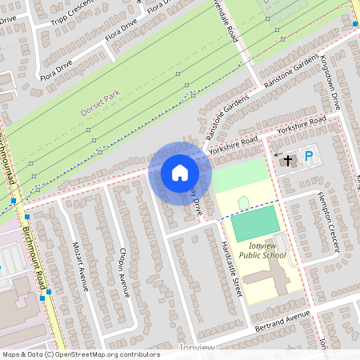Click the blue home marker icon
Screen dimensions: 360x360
tap(180, 172)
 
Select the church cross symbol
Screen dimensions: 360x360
tap(288, 161)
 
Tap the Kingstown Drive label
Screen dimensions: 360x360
tap(330, 83)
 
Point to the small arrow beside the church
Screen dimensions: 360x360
tap(278, 154)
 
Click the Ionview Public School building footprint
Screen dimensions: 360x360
tap(269, 280)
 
